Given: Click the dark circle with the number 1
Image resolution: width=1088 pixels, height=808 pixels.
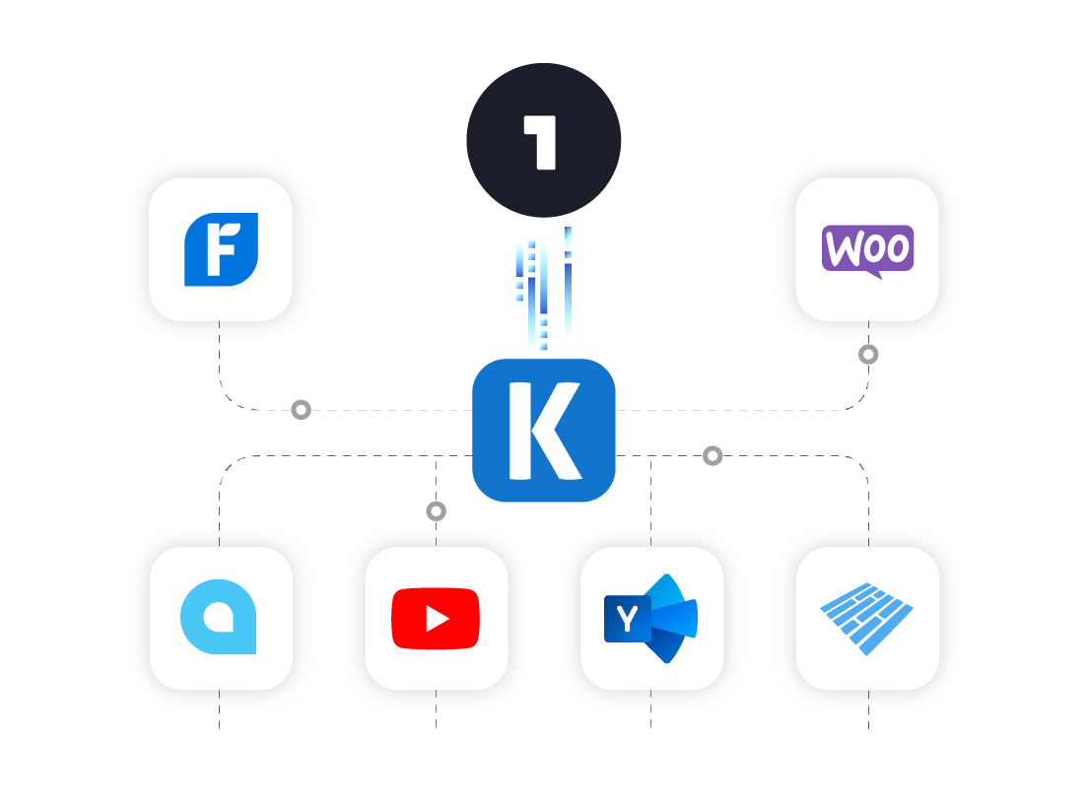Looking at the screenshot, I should coord(543,140).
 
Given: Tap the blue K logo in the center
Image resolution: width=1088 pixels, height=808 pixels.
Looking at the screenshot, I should coord(543,431).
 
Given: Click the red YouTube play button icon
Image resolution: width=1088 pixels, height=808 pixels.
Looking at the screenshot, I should coord(435,619).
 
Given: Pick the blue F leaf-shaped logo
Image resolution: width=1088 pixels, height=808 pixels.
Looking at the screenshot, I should coord(221,249).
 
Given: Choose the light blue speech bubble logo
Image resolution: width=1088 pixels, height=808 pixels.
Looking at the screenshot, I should coord(219,618).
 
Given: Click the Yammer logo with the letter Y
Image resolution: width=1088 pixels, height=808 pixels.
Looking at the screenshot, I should coord(650,618).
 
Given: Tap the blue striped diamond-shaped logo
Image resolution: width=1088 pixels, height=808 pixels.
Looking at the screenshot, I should coord(867,618).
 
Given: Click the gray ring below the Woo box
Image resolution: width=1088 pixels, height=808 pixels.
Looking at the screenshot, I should coord(868,354).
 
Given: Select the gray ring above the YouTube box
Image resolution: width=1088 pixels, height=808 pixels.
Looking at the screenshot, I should coord(436,510).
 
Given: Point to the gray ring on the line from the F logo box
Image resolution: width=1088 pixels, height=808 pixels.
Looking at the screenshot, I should coord(302,409).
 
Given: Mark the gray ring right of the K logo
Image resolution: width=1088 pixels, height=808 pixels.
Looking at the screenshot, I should coord(713,455).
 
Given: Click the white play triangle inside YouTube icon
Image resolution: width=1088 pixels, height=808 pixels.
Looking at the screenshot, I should coord(437,619).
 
